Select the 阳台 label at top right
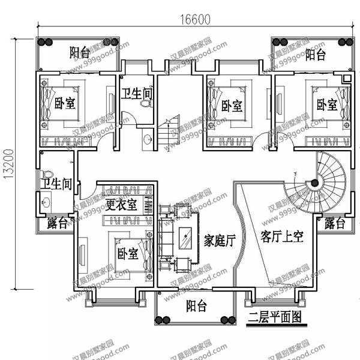[315, 55]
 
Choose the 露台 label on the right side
[335, 224]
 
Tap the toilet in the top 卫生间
[144, 104]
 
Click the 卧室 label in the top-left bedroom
[64, 102]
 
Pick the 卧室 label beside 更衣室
[128, 253]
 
